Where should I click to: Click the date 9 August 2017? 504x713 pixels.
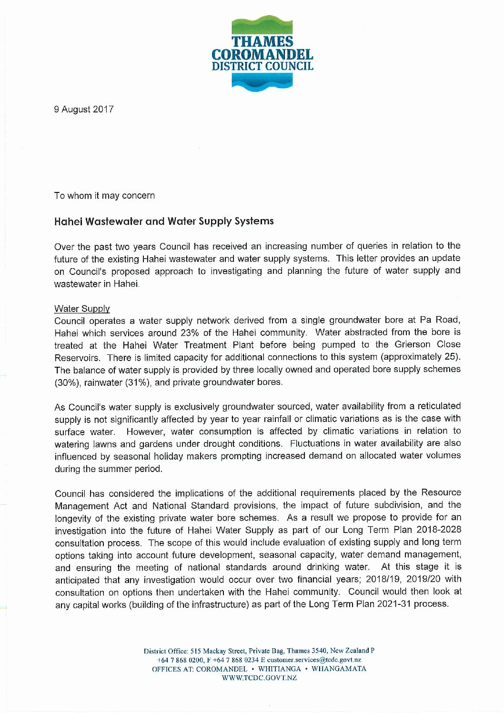click(84, 110)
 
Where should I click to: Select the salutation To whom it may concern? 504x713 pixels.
click(104, 196)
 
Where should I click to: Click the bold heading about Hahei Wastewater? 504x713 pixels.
click(164, 221)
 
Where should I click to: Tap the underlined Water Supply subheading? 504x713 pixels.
click(82, 309)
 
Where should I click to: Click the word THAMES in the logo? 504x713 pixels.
click(262, 42)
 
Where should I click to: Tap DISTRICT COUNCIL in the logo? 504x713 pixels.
click(262, 66)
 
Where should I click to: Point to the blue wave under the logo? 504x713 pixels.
click(262, 82)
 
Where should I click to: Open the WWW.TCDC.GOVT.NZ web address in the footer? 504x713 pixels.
click(260, 678)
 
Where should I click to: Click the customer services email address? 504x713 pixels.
click(314, 660)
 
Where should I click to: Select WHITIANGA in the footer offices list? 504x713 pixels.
click(280, 669)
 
